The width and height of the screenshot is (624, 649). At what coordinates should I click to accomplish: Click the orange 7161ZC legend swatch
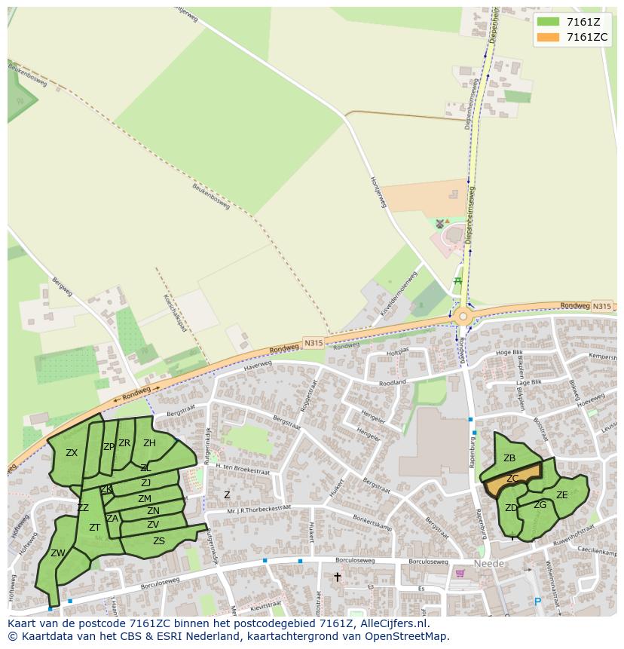549,37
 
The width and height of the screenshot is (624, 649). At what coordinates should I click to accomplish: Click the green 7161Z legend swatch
549,21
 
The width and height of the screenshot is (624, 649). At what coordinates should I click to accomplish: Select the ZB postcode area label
509,458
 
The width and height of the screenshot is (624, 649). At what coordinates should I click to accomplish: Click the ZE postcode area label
561,495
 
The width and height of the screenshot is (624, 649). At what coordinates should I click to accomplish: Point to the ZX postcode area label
72,453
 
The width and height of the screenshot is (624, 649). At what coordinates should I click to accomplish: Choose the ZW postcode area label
58,553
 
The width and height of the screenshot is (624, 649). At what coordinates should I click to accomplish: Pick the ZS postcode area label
159,541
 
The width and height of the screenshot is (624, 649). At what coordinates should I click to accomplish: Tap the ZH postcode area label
149,443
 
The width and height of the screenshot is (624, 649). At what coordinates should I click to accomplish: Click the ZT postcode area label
95,528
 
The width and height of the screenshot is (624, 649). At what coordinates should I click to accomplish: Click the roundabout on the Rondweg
462,317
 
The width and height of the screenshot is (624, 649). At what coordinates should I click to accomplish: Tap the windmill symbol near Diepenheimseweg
440,224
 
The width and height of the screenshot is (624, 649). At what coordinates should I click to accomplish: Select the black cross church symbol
337,577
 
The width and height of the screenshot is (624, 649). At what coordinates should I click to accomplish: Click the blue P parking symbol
537,602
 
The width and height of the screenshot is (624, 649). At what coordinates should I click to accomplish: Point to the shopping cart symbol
460,573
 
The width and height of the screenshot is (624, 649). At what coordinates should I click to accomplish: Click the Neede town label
489,564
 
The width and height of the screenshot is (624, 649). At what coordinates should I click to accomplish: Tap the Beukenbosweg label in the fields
210,197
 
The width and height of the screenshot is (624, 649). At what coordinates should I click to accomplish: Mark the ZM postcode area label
145,499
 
